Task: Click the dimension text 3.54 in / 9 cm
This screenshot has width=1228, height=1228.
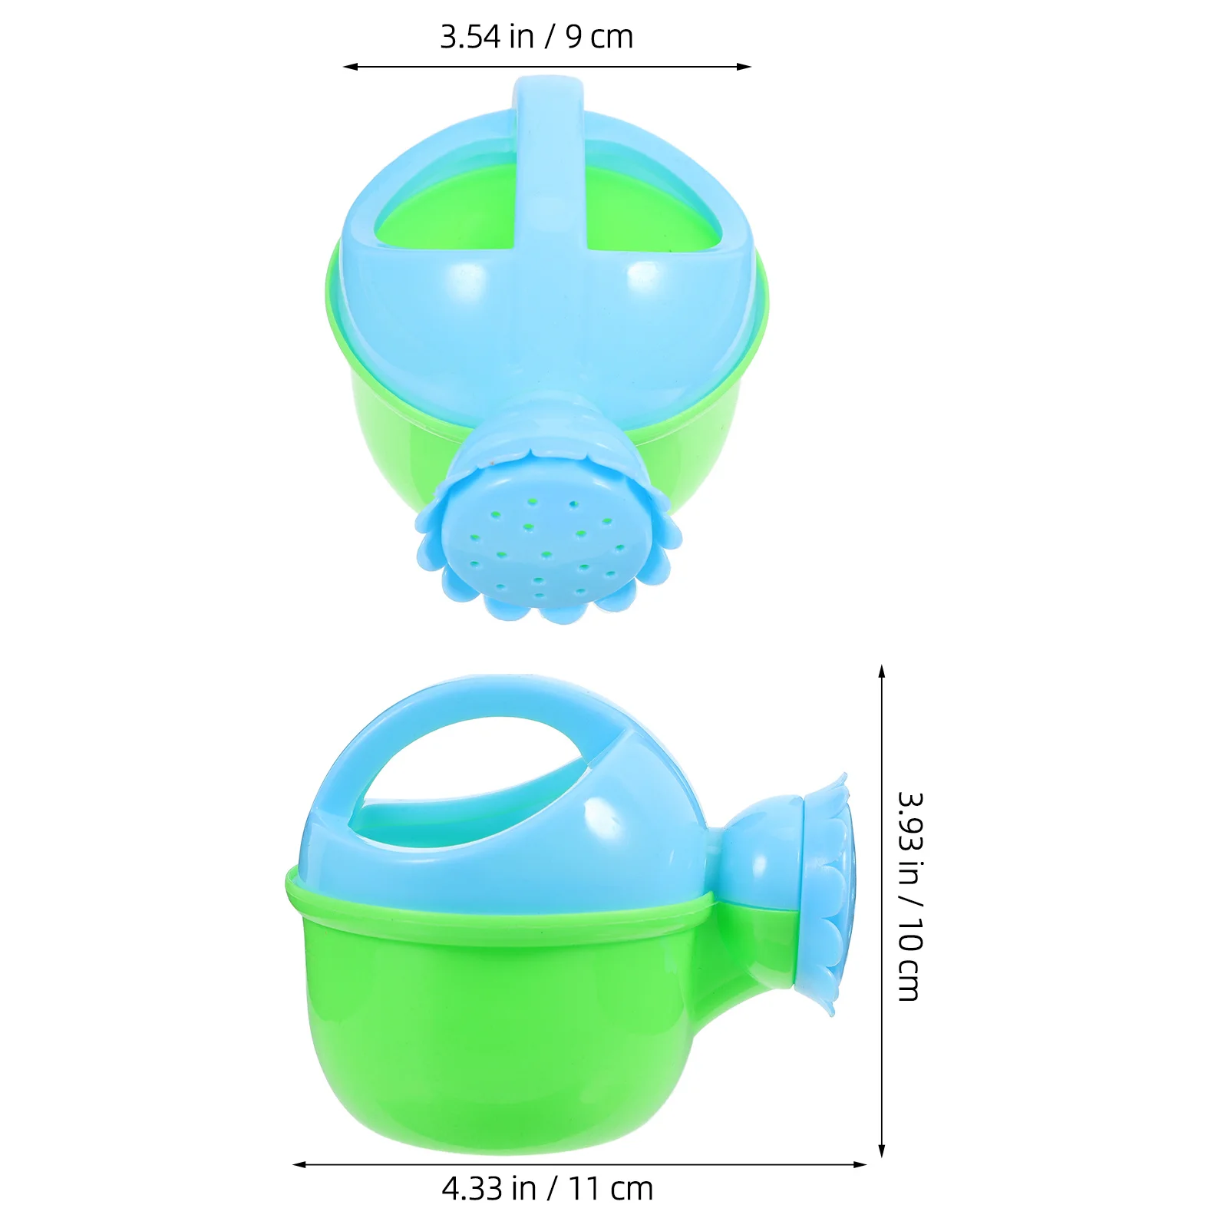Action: point(536,37)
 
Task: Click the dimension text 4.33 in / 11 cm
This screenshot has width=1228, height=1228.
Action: point(547,1189)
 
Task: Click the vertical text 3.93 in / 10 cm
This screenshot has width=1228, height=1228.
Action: point(910,896)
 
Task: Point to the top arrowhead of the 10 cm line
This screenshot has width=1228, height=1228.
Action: point(882,671)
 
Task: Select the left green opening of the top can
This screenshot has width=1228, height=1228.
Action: point(445,215)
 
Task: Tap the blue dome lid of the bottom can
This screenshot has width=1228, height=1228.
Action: point(614,829)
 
